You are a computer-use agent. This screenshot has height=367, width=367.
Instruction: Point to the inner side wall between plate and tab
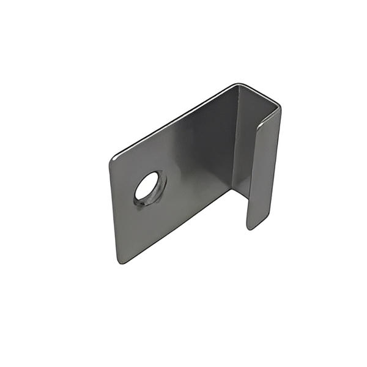click(x=243, y=141)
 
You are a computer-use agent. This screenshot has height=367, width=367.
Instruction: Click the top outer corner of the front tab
click(x=279, y=110)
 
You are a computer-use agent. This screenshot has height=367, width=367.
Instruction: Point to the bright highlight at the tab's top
click(x=264, y=122)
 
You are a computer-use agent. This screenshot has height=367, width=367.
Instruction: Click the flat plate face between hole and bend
click(x=196, y=159)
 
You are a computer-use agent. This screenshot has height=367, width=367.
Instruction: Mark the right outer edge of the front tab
click(x=276, y=165)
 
